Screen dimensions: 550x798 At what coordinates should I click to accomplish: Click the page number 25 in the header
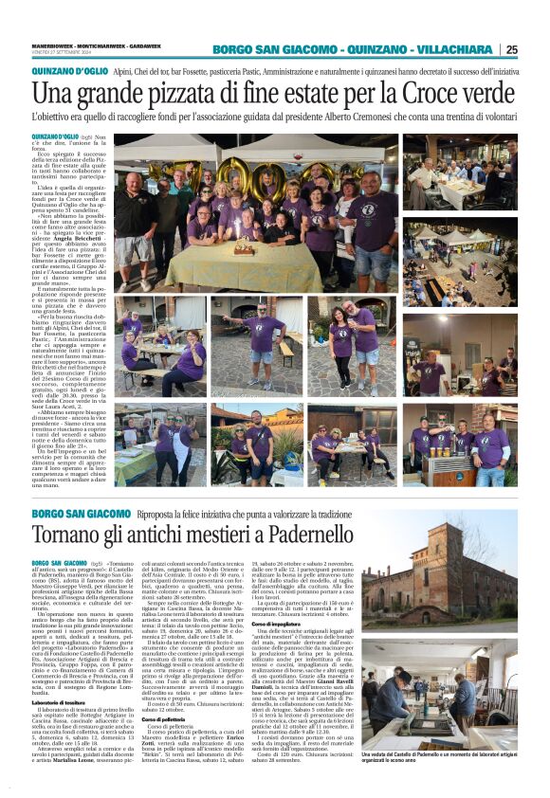pyautogui.click(x=537, y=50)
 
